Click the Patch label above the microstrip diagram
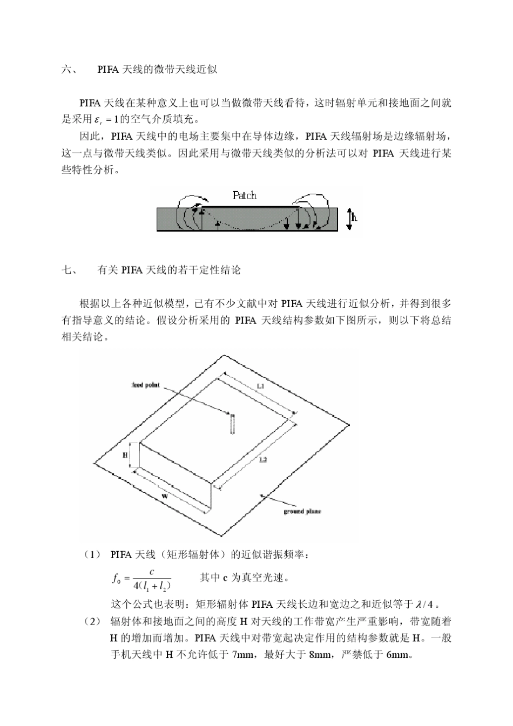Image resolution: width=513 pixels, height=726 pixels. [x=244, y=195]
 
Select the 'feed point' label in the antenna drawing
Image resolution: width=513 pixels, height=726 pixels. [x=145, y=385]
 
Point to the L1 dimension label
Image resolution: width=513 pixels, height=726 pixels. [x=260, y=386]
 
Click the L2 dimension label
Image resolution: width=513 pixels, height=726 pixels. [x=263, y=459]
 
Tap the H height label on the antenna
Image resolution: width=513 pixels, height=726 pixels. [x=125, y=455]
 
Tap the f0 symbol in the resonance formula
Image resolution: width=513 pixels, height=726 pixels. [x=116, y=579]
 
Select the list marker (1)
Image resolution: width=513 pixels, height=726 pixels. [x=92, y=554]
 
